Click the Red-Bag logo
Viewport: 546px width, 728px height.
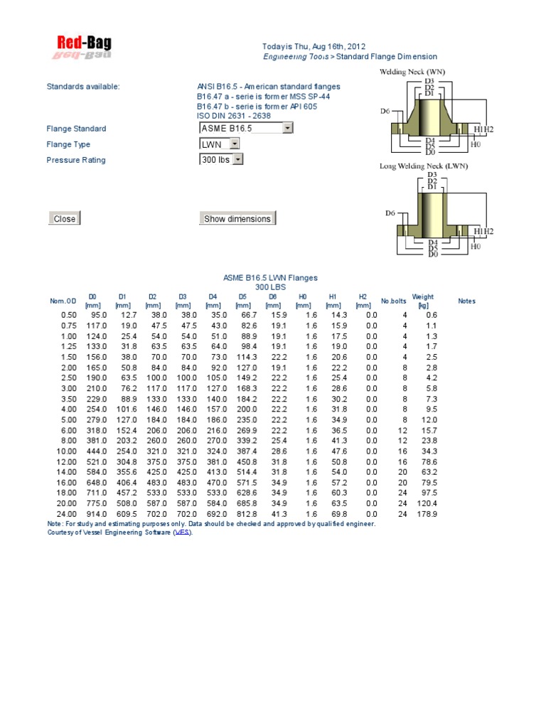pyautogui.click(x=84, y=48)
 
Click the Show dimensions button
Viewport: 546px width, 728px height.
pyautogui.click(x=237, y=219)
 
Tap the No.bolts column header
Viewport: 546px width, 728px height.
pyautogui.click(x=392, y=301)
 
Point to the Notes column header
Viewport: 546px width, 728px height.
pyautogui.click(x=466, y=301)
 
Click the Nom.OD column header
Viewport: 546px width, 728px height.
pyautogui.click(x=62, y=301)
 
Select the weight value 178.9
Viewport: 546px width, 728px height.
pyautogui.click(x=428, y=514)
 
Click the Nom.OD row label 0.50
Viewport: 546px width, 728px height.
pyautogui.click(x=69, y=315)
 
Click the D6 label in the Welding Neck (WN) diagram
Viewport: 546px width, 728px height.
pyautogui.click(x=385, y=111)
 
